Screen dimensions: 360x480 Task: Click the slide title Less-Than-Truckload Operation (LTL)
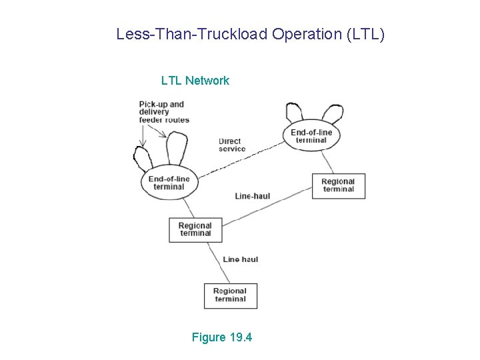coord(250,34)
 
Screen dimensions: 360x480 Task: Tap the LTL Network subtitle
coord(195,81)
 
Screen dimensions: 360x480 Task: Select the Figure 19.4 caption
coord(221,337)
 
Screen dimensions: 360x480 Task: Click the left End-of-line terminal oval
coord(169,183)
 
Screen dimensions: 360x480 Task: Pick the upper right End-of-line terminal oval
coord(311,136)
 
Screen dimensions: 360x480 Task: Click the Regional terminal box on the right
coord(338,185)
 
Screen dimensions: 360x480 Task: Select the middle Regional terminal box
coord(195,229)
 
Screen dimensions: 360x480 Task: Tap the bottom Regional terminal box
coord(230,295)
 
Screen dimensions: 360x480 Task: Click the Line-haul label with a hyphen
coord(253,196)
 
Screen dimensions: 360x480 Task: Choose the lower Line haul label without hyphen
coord(241,259)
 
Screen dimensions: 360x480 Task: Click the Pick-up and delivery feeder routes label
coord(164,112)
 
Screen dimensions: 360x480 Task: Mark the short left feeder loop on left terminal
coord(142,159)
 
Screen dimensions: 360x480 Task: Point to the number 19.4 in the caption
coord(240,337)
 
